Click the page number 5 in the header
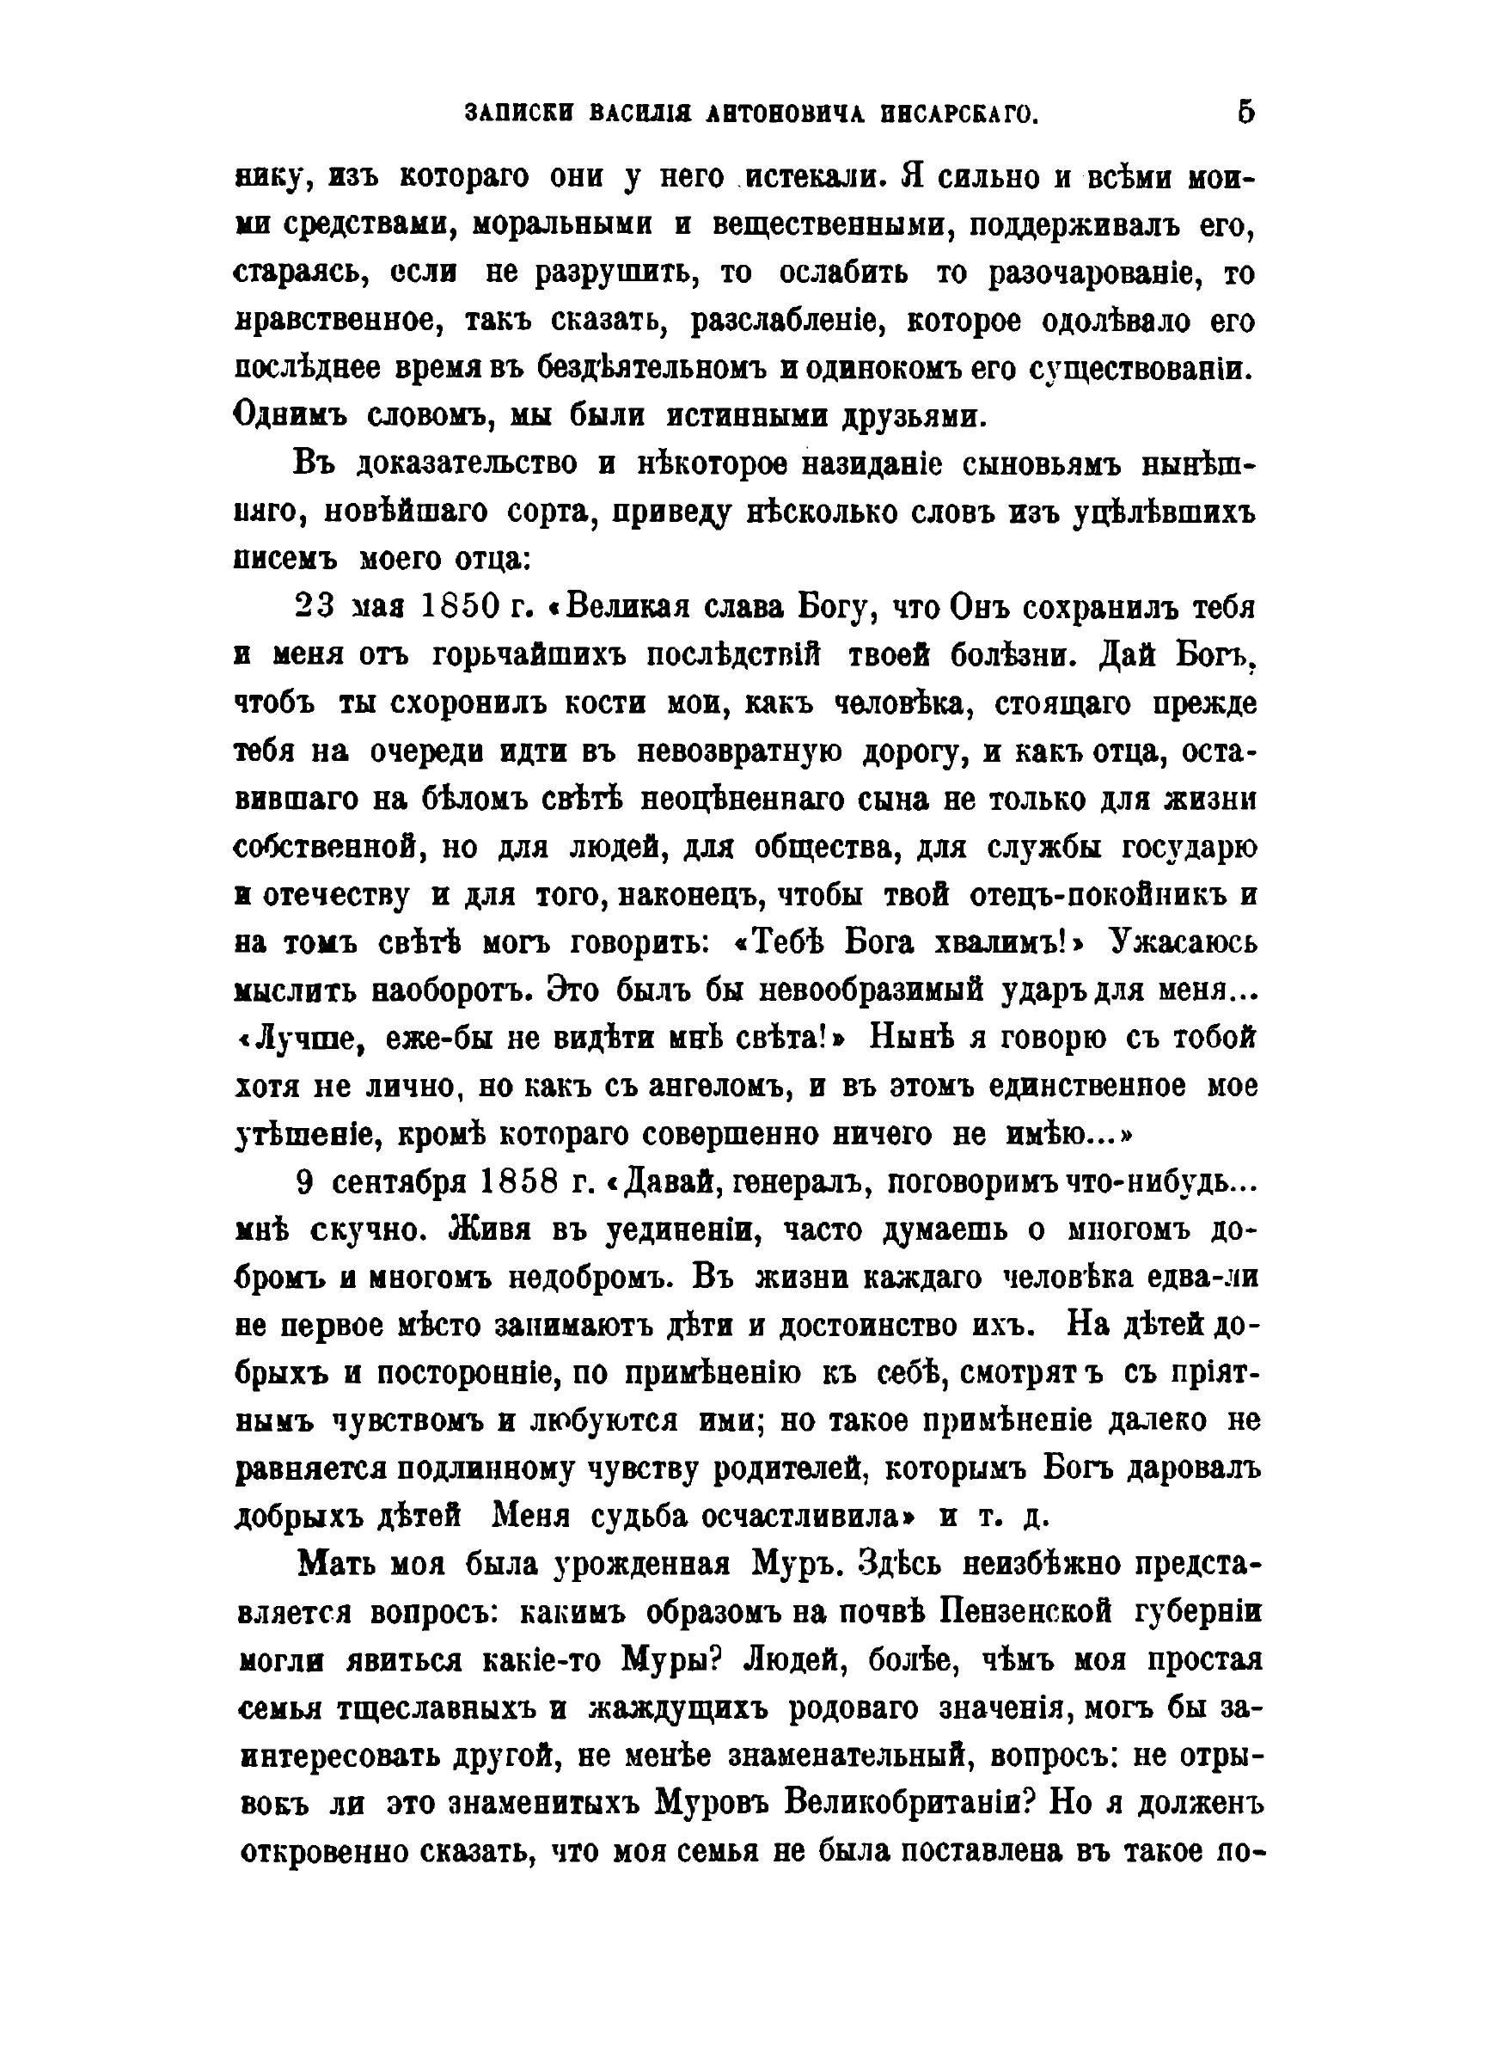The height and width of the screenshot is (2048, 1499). [1245, 113]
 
